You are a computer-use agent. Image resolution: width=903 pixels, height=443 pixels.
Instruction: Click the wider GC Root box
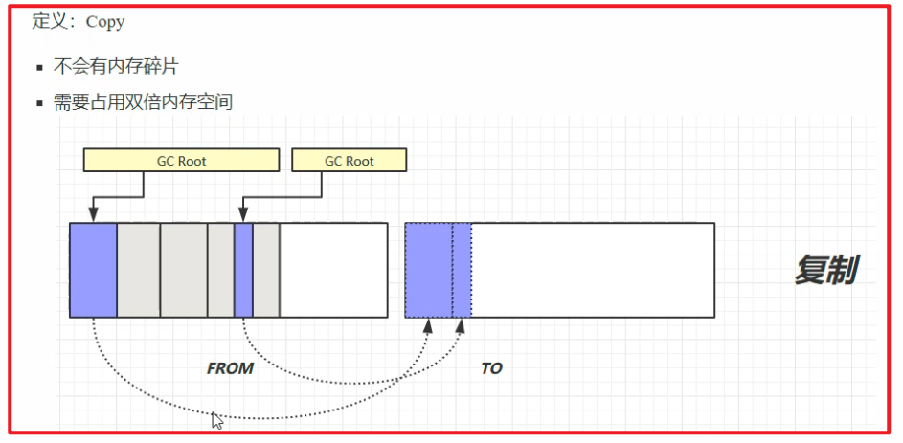[x=181, y=161]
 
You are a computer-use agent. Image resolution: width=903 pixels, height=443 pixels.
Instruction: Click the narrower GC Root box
[x=349, y=161]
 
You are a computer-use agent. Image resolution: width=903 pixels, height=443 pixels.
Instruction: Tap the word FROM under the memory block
[x=230, y=368]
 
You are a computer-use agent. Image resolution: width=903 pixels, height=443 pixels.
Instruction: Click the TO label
[x=491, y=368]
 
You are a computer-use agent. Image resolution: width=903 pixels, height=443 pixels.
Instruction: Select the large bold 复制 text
[x=824, y=270]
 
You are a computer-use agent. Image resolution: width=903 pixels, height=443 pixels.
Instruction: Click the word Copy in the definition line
[x=105, y=21]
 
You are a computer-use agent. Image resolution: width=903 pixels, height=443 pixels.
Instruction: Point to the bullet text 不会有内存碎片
[x=116, y=67]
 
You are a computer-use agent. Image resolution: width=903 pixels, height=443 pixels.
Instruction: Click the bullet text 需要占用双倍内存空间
[x=144, y=101]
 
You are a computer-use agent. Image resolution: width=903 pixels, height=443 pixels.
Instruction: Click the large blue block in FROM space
[x=94, y=270]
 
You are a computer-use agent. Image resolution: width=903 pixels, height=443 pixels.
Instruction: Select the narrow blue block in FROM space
[x=243, y=270]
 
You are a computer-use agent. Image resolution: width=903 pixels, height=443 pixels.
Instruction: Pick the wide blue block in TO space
[x=428, y=270]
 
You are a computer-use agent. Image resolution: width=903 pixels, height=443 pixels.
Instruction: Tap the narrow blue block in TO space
[x=462, y=270]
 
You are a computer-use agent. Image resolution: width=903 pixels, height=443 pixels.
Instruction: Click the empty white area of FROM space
[x=333, y=270]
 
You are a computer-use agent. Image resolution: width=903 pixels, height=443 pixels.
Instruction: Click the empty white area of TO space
[x=592, y=270]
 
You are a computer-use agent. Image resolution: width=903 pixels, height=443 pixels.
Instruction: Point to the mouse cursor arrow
[x=217, y=420]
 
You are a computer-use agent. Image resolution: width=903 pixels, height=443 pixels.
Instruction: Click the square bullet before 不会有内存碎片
[x=39, y=68]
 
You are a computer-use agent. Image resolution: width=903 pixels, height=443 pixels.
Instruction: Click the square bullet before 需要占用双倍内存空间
[x=39, y=102]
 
